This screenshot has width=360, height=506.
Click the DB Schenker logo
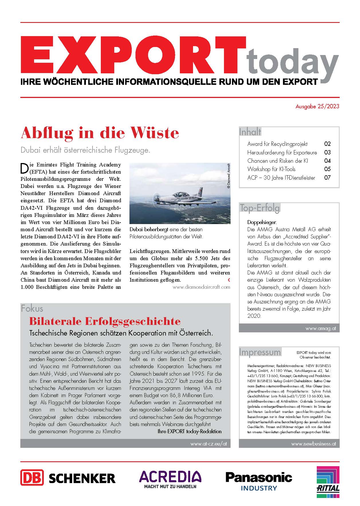[x=68, y=478]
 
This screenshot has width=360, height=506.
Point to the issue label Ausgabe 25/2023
[x=317, y=106]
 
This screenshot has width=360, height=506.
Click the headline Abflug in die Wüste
[x=100, y=133]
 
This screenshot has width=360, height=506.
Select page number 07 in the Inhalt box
[x=327, y=178]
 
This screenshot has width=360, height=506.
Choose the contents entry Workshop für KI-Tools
[x=271, y=169]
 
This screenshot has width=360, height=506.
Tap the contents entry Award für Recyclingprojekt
[x=277, y=144]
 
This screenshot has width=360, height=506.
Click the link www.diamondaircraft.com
[x=201, y=287]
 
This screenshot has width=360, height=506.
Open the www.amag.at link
[x=320, y=329]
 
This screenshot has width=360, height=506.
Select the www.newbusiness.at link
[x=313, y=444]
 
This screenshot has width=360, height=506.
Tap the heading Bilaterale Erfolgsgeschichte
[x=105, y=321]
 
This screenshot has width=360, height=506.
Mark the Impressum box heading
[x=260, y=352]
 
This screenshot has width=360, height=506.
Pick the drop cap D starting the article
[x=25, y=168]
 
